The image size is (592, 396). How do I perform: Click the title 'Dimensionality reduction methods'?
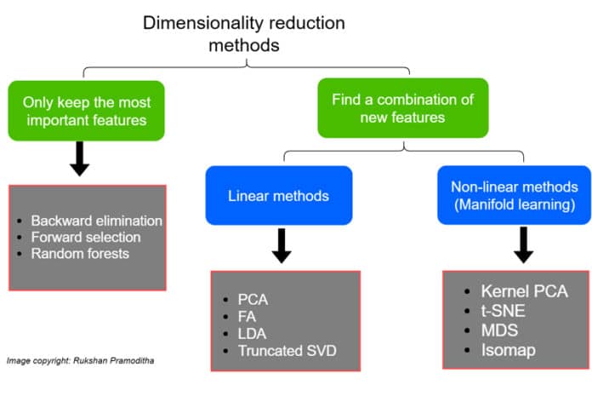pos(245,32)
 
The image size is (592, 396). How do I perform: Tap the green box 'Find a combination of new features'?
pos(403,107)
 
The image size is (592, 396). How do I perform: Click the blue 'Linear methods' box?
pos(278,196)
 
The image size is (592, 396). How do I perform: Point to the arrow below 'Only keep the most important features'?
pos(80,158)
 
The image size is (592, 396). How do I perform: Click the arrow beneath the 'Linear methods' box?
pos(282,246)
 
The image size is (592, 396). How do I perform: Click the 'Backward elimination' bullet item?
pos(96,220)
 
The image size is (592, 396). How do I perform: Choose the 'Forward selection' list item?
pos(85,237)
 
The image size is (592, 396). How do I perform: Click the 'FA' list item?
pos(246,316)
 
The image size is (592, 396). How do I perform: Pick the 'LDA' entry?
pos(250,333)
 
